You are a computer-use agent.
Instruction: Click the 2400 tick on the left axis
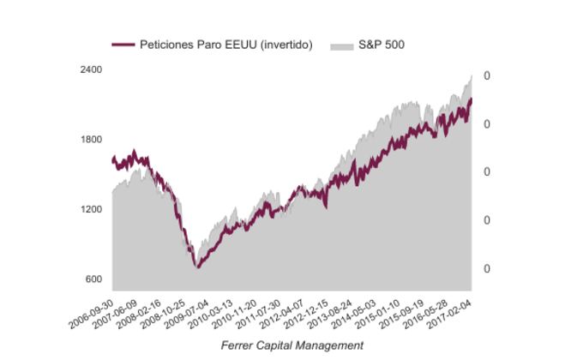coord(91,69)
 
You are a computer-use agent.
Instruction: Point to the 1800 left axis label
coord(91,140)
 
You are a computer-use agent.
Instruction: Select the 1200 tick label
coord(91,209)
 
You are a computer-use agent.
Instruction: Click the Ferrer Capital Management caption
coord(291,345)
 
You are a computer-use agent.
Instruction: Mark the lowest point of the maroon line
coord(198,267)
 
